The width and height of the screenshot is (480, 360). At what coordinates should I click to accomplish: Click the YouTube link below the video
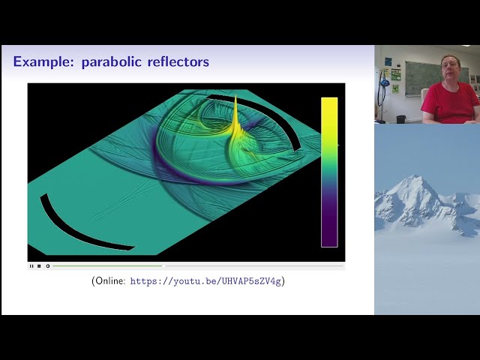point(207,281)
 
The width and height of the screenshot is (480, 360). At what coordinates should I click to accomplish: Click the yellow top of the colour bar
point(329,105)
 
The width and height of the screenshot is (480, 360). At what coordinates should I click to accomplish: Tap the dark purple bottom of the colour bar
point(329,238)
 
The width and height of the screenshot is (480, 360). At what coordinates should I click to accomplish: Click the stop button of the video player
point(39,265)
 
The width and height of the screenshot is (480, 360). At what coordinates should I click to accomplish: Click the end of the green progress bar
point(163,265)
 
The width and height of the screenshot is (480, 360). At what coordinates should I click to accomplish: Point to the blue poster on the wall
point(388,61)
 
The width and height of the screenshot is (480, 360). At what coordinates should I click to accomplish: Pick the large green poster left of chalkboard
point(395,75)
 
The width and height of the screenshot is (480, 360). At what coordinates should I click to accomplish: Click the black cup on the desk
point(401,118)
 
